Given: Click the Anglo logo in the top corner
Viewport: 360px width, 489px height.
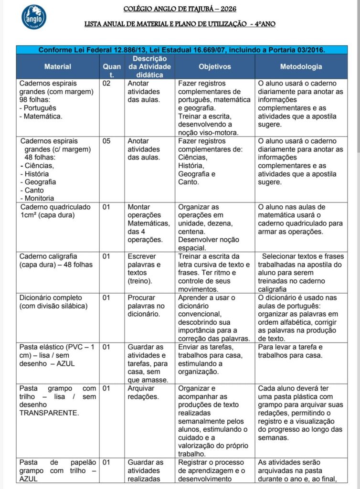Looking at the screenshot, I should [34, 17].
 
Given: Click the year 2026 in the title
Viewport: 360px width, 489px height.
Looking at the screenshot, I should [227, 9].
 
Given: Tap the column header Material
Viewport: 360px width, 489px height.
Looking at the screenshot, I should [58, 66].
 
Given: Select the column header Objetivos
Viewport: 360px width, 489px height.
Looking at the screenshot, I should [214, 66].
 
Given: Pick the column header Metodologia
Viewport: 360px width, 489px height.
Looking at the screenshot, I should [301, 66].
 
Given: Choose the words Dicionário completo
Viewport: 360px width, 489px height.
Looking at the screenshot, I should [51, 298].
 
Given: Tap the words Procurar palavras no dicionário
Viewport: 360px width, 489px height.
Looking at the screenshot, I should [146, 306].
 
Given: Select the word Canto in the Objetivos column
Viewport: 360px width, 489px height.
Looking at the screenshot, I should [188, 182].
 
